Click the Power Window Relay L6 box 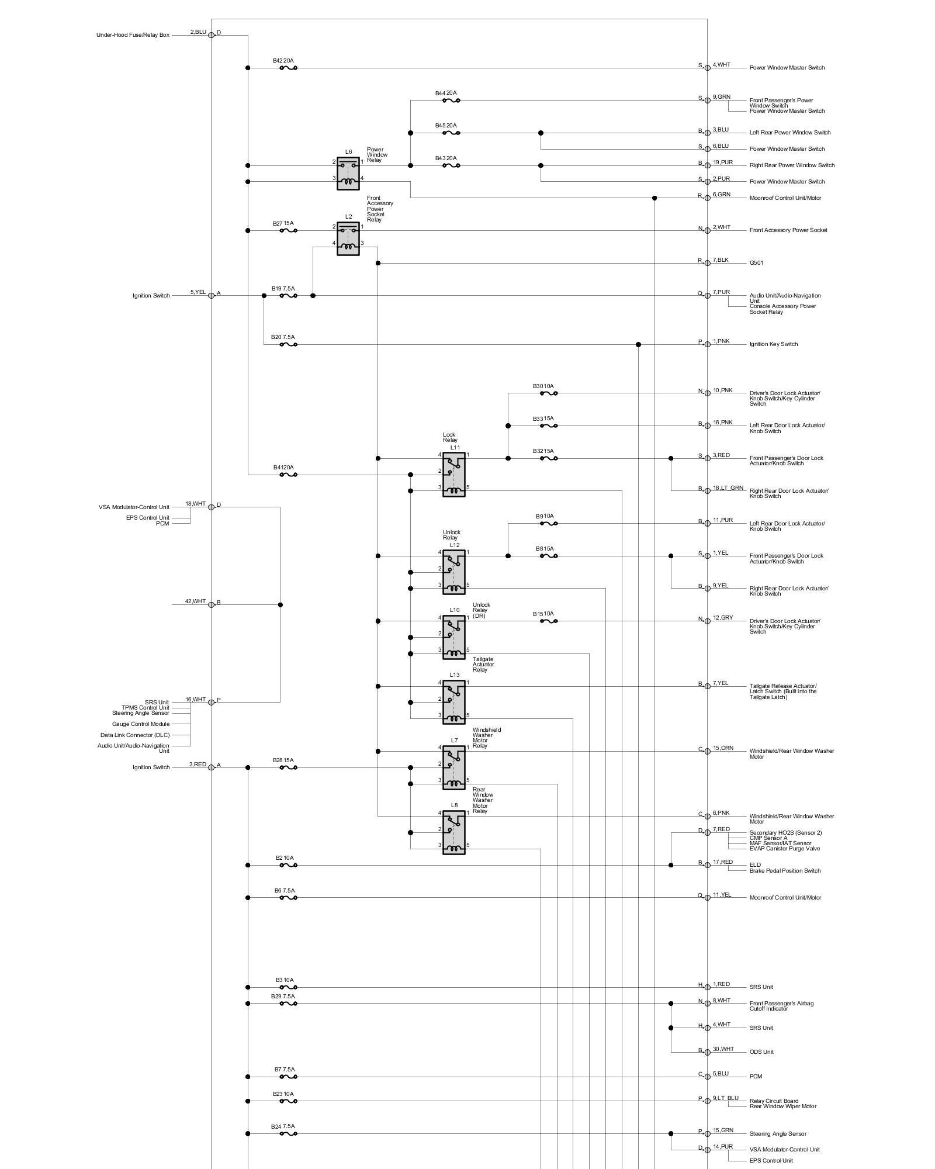point(348,174)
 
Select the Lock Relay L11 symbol point(454,475)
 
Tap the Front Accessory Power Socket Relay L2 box point(348,238)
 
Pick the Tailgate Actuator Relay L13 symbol point(454,703)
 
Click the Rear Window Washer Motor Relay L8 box point(454,832)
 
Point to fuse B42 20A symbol point(288,68)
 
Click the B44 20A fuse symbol point(451,101)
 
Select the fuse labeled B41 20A point(288,475)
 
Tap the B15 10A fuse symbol point(548,621)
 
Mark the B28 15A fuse point(288,767)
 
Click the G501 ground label point(756,263)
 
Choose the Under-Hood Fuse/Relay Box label point(133,35)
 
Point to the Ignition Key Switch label point(773,344)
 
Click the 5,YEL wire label point(198,292)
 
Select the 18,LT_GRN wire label point(728,487)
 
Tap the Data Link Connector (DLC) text point(134,735)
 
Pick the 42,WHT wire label point(195,601)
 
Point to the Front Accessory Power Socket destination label point(788,230)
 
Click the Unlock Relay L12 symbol point(454,572)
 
